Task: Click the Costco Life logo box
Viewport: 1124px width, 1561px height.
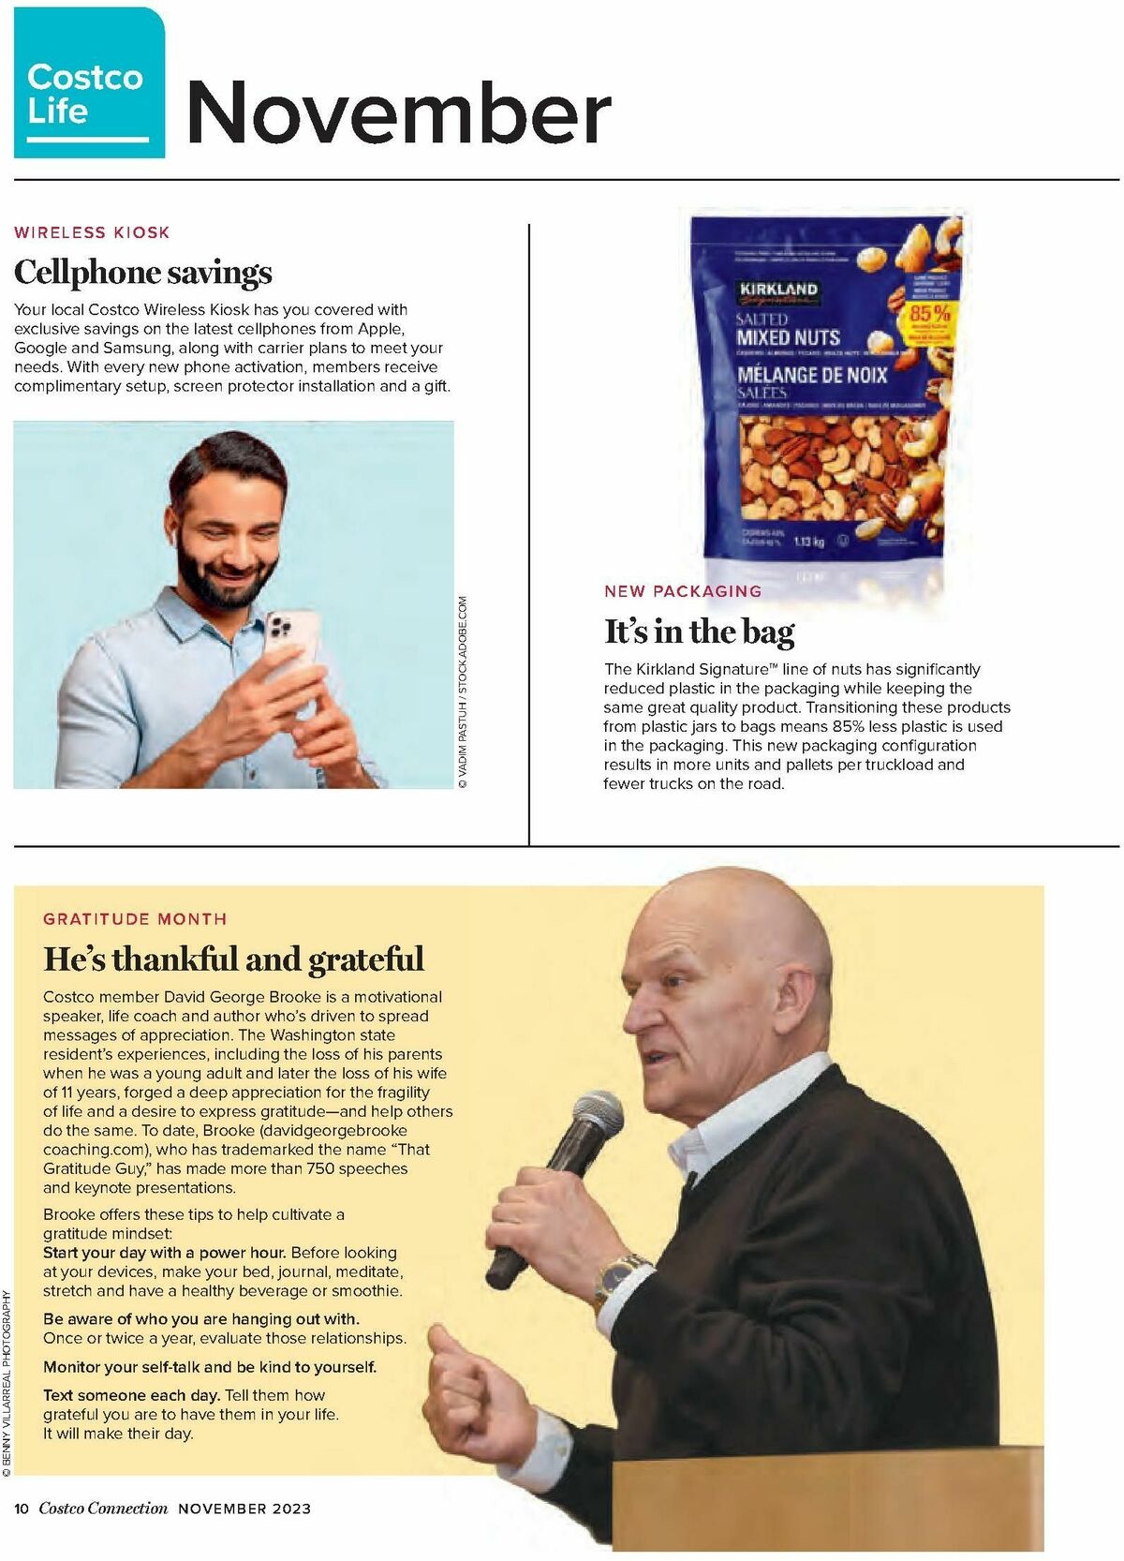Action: click(89, 84)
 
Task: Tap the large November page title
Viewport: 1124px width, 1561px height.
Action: click(399, 112)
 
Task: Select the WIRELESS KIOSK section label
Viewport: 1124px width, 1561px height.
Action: click(92, 232)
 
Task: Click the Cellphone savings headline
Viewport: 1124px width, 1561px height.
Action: click(143, 273)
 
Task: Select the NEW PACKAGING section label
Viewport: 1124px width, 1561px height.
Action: click(683, 591)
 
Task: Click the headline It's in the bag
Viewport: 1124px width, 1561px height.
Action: click(699, 632)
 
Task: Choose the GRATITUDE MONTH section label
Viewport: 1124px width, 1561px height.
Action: click(135, 919)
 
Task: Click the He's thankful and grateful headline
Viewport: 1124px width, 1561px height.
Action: click(233, 959)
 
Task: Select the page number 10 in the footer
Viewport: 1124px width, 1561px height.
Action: click(22, 1509)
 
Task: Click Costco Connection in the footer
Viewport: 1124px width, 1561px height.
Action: click(103, 1509)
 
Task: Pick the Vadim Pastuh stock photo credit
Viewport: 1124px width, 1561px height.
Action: click(463, 692)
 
